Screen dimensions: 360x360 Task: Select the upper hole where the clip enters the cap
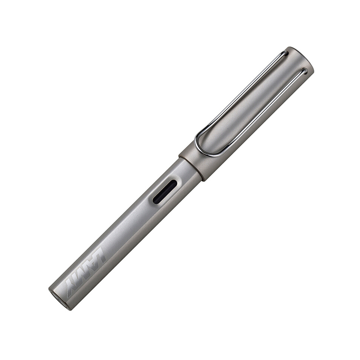tap(286, 54)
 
